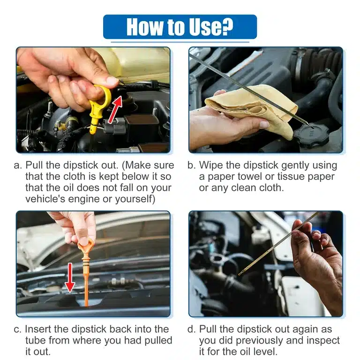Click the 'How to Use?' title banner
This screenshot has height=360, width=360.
[x=180, y=27]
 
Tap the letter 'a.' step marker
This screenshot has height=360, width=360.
[x=19, y=165]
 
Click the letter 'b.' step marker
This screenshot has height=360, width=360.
[x=192, y=165]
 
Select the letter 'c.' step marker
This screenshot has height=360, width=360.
[x=19, y=329]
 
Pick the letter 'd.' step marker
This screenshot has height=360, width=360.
[x=192, y=329]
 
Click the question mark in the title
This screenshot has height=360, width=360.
[x=227, y=27]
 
